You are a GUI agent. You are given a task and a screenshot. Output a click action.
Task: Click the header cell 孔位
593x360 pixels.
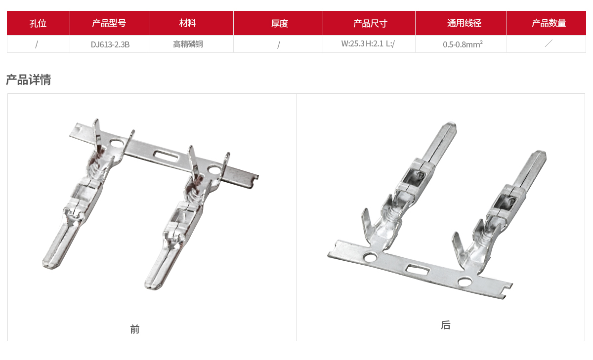coord(38,23)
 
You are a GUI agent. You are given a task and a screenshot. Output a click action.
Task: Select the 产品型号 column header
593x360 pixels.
coord(110,23)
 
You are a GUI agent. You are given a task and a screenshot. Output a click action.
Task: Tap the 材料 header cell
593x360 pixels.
coord(191,23)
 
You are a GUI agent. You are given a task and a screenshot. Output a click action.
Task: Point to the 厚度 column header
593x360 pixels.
coord(278,23)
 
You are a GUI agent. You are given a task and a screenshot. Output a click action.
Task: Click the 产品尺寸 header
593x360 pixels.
coord(369,23)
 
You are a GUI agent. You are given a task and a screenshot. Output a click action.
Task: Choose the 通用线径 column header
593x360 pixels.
coord(461,23)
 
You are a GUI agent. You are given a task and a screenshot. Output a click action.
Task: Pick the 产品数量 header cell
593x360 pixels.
coord(547,23)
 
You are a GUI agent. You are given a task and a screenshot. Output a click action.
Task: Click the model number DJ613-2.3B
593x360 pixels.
coord(110,44)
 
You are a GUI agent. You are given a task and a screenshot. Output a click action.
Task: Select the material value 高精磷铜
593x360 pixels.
coord(188,44)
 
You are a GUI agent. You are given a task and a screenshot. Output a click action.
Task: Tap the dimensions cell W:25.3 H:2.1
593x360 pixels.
coord(362,43)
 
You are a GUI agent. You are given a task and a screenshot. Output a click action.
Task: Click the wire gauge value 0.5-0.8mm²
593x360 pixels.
coord(463,44)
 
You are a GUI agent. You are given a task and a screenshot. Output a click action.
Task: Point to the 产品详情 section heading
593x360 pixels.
coord(29,80)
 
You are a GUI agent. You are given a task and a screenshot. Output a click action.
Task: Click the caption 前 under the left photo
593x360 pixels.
coord(135,329)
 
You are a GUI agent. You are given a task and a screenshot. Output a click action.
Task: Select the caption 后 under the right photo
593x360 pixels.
coord(446,325)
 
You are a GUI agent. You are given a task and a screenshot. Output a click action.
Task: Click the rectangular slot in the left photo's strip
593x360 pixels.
coord(166,157)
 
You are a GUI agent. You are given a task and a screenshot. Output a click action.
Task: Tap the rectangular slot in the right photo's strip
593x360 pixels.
coord(418,270)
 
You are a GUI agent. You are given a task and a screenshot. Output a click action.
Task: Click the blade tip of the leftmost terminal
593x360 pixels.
coord(51,265)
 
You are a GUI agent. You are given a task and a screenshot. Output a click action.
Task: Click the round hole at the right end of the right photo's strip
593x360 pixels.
coord(465,281)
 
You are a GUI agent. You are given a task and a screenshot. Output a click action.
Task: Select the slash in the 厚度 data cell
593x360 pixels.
coord(279,45)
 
